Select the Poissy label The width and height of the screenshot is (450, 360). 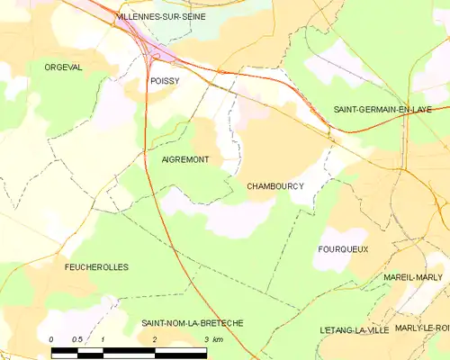[165, 81]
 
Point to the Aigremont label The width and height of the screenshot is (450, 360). [185, 159]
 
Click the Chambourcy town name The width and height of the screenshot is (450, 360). [274, 186]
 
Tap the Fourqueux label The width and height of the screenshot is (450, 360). [343, 248]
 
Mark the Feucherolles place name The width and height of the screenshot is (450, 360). [96, 267]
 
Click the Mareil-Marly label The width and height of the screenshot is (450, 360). [413, 277]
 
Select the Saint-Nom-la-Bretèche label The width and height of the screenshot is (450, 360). [192, 322]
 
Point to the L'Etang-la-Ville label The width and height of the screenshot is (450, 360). [354, 330]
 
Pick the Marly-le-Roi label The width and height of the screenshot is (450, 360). [422, 328]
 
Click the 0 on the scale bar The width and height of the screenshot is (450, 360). [51, 339]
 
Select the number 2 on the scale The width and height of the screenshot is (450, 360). [155, 339]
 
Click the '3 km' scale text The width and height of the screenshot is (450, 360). [212, 339]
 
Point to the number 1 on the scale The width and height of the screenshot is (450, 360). [103, 339]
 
